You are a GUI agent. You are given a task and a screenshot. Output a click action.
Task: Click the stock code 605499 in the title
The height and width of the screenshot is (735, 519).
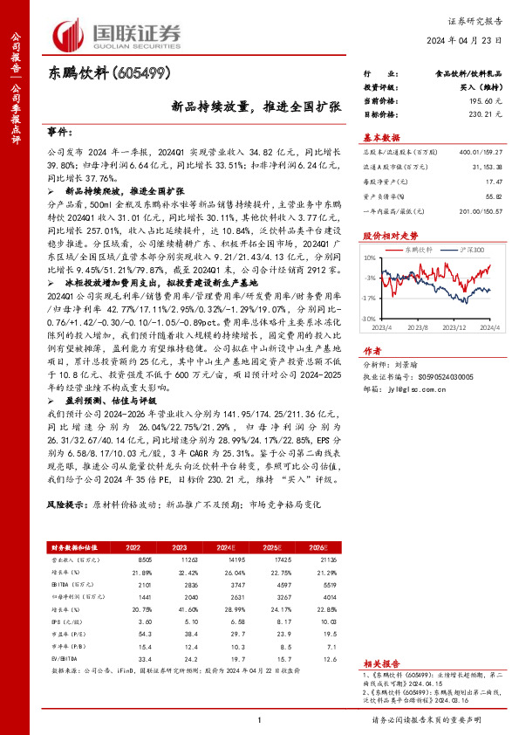point(133,75)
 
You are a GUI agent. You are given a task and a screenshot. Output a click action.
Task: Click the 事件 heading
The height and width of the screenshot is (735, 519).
point(58,131)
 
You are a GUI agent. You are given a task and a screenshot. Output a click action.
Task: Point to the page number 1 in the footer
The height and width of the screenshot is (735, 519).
point(260,719)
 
